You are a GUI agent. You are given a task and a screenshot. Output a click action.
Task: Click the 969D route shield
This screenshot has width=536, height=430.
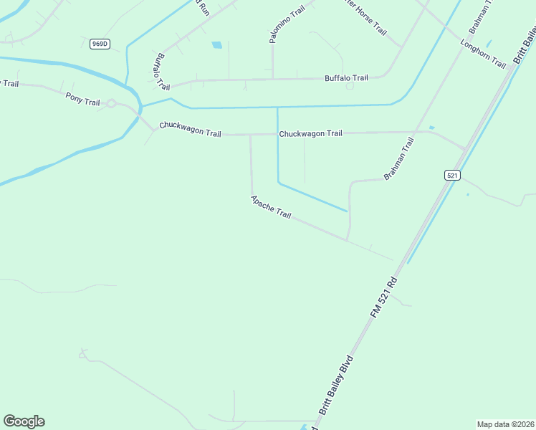coord(100,44)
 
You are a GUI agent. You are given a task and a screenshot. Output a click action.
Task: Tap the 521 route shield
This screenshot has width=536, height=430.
coord(451,175)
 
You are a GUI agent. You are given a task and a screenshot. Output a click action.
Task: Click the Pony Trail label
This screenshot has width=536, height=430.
coord(82,99)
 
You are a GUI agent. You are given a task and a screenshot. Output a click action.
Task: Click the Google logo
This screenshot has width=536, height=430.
coord(24,421)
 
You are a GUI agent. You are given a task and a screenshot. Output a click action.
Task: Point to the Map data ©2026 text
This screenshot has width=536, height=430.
coord(504,424)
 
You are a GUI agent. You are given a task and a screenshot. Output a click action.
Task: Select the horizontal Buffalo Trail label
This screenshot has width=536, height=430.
coord(346,77)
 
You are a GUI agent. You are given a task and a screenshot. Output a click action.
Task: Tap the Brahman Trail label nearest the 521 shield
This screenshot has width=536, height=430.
coord(399,159)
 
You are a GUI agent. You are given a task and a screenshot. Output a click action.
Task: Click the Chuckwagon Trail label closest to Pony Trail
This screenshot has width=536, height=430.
coord(190,129)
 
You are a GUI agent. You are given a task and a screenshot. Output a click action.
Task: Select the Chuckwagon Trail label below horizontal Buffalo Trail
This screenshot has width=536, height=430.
coord(310,133)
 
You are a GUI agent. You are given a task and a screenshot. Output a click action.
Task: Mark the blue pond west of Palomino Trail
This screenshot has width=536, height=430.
coord(216,45)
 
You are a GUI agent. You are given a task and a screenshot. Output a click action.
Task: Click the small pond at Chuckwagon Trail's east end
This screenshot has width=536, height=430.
coord(431,128)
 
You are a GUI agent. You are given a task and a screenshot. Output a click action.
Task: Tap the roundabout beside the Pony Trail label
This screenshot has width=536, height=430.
coord(111,104)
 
